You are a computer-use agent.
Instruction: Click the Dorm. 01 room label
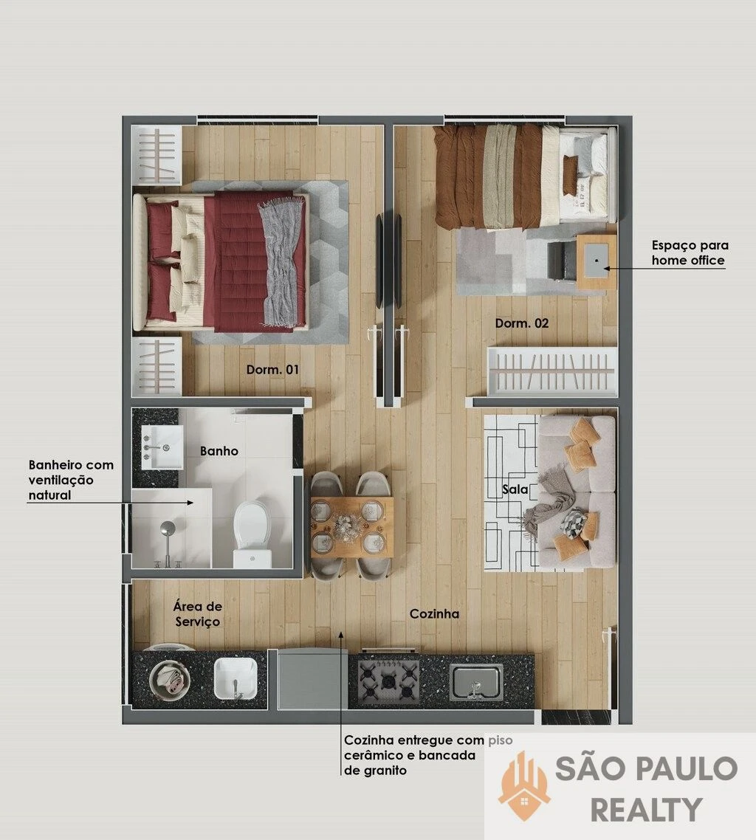click(x=272, y=369)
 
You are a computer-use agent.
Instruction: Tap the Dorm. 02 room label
click(x=521, y=323)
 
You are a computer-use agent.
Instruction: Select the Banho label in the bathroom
click(x=219, y=451)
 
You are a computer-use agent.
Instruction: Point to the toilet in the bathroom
click(x=253, y=533)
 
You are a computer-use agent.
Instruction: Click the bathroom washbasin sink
click(x=162, y=447)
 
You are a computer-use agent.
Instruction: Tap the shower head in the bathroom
click(x=168, y=529)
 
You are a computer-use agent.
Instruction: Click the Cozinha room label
click(x=434, y=614)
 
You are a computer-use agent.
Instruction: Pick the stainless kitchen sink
click(x=476, y=682)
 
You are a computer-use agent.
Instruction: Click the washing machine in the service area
click(x=170, y=680)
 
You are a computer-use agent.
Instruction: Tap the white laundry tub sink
click(x=236, y=679)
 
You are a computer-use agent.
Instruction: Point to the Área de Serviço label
click(x=197, y=614)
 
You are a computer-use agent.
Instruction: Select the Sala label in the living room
click(x=515, y=489)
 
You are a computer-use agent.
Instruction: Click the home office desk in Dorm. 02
click(x=597, y=261)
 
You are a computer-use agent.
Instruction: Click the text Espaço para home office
click(x=690, y=253)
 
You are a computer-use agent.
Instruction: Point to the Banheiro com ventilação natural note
click(x=72, y=480)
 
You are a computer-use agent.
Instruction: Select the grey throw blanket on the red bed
click(x=282, y=263)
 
